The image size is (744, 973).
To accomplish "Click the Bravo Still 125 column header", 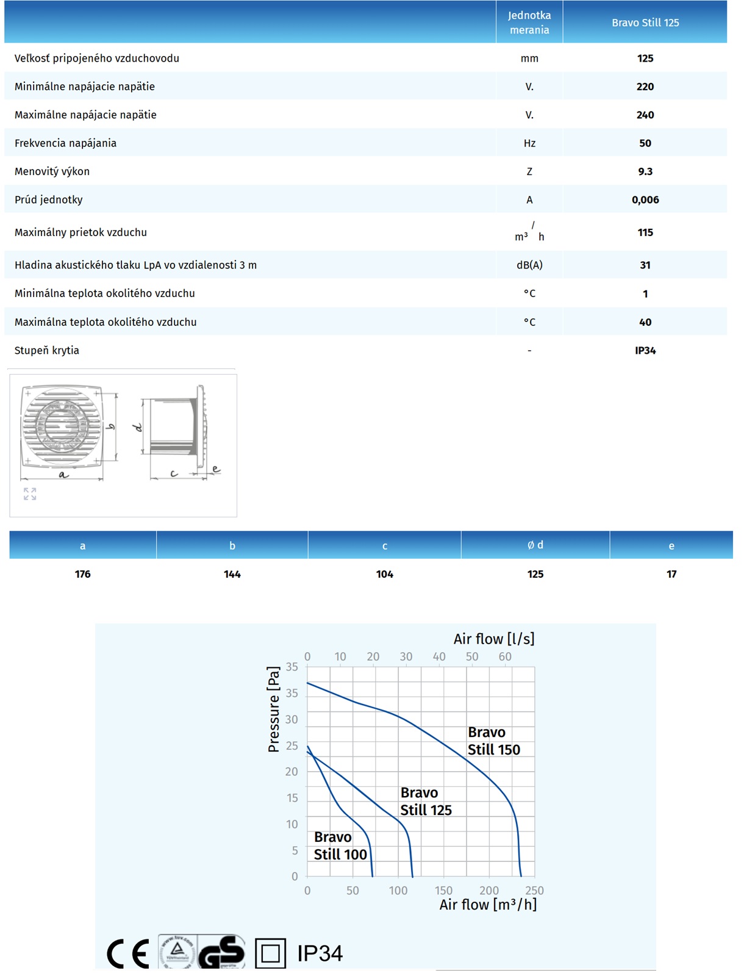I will [x=645, y=23].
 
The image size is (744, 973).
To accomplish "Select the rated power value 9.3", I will [x=645, y=171].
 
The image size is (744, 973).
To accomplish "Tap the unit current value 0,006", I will [x=645, y=199].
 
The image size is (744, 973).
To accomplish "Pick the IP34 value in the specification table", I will [x=645, y=350].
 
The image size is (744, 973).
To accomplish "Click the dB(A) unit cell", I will [x=529, y=265].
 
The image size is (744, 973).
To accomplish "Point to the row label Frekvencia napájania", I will [x=65, y=143].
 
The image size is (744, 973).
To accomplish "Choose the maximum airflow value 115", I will [x=645, y=232].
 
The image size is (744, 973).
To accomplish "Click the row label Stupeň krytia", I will [x=47, y=350].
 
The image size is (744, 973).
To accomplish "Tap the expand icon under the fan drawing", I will [x=30, y=494].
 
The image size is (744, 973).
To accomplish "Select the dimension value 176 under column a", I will [x=83, y=574].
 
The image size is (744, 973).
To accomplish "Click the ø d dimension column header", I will [x=535, y=545].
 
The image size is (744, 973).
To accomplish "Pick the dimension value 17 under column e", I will [x=671, y=574].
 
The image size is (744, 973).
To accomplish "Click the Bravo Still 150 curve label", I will [x=493, y=741].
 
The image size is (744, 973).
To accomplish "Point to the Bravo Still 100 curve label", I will [x=340, y=846].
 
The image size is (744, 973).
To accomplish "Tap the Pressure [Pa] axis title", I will [x=274, y=709].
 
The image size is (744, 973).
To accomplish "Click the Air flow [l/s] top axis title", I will [x=494, y=639].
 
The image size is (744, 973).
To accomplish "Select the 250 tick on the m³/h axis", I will [x=534, y=891].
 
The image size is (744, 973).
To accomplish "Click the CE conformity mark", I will [x=128, y=953].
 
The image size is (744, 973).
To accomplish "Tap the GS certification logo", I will [x=222, y=952].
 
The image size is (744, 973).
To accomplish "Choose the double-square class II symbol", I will [x=270, y=953].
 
